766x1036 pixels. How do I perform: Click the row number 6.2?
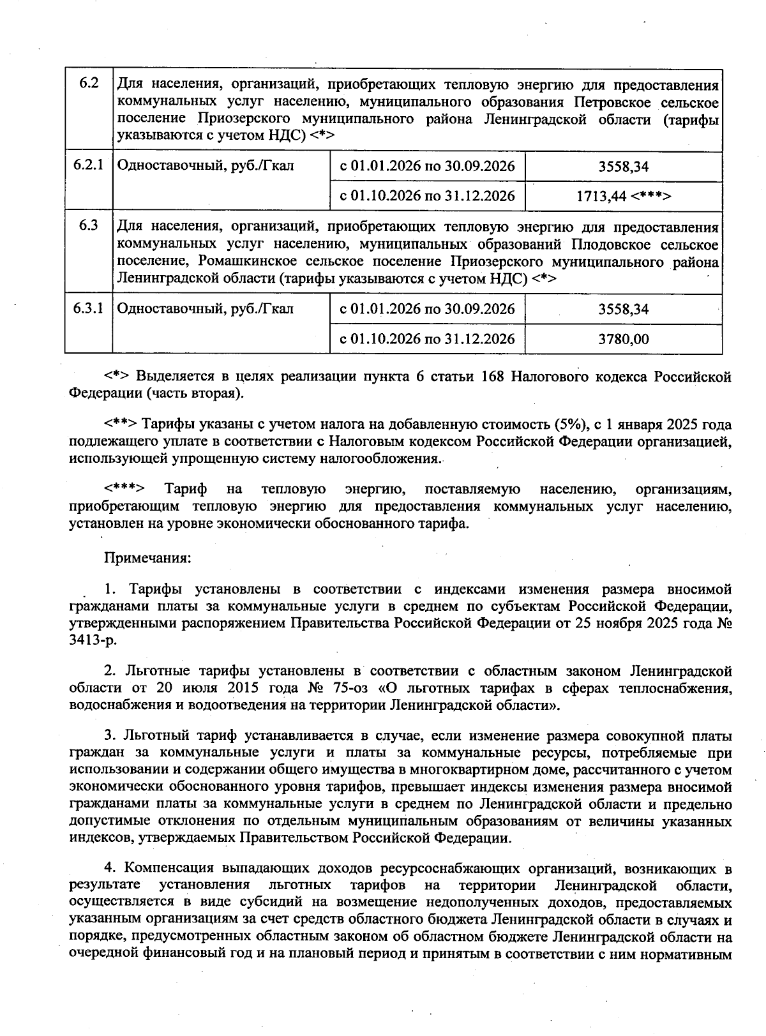(x=89, y=84)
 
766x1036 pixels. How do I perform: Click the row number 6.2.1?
(x=88, y=166)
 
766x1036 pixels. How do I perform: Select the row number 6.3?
(x=89, y=226)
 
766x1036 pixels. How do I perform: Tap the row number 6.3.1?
(x=88, y=309)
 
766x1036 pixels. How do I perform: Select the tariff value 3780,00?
(x=623, y=339)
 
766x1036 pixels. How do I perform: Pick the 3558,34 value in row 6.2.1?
(x=623, y=167)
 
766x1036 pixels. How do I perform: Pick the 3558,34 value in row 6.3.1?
(x=623, y=310)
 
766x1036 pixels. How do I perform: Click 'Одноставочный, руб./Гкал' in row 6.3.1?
(x=206, y=309)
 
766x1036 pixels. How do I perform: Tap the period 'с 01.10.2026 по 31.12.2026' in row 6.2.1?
(x=427, y=196)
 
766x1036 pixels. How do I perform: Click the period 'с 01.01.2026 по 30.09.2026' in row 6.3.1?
(x=427, y=310)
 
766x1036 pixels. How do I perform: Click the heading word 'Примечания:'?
(x=147, y=557)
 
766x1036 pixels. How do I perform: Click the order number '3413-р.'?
(x=93, y=640)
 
